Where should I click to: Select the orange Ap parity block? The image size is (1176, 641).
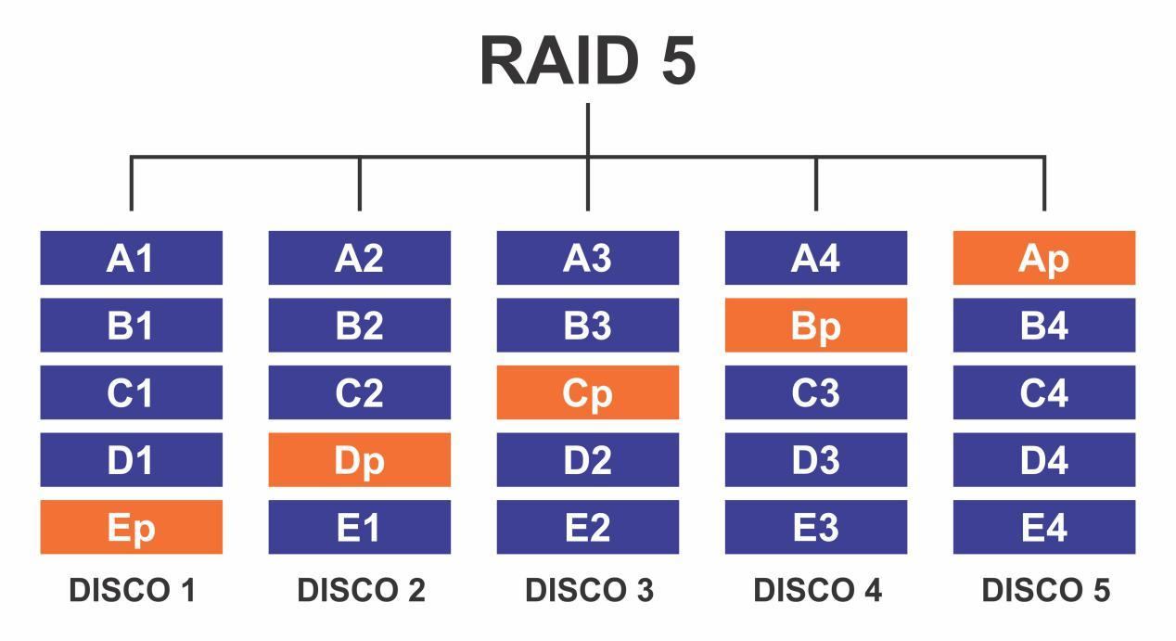click(x=1044, y=258)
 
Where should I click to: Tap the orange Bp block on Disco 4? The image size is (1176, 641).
click(x=816, y=326)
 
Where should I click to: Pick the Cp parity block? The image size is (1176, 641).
click(x=588, y=392)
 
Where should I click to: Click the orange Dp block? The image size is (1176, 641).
click(x=360, y=460)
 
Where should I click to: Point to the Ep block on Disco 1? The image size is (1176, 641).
click(x=131, y=527)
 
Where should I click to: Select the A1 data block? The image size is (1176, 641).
click(x=131, y=258)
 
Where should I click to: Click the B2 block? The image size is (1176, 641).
click(x=360, y=326)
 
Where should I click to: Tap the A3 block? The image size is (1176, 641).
click(x=588, y=258)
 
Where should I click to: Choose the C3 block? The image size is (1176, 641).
click(x=816, y=392)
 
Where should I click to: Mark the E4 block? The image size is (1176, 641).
click(x=1044, y=527)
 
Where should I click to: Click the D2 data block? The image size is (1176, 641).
click(x=588, y=460)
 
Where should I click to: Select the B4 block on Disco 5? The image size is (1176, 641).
click(x=1044, y=326)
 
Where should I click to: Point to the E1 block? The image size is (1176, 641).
click(x=360, y=527)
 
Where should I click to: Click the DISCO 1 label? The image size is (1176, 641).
click(x=132, y=590)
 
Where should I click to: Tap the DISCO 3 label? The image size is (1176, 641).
click(x=589, y=590)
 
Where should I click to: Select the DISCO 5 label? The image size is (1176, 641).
click(x=1045, y=590)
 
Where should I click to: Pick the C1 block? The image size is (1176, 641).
click(x=131, y=392)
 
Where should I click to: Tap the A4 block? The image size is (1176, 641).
click(x=816, y=258)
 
